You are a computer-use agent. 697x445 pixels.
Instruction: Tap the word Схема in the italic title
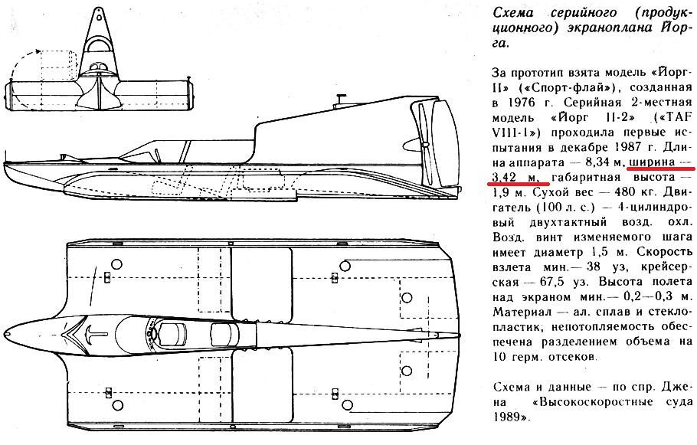[x=514, y=14]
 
